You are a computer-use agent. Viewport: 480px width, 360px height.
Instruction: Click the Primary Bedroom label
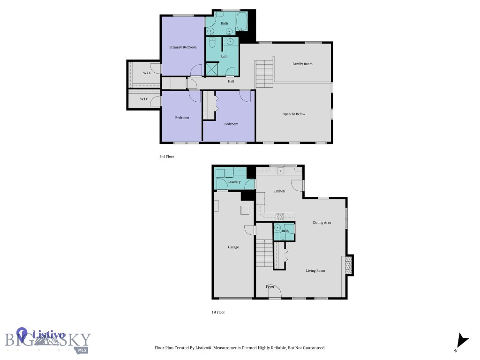pos(183,47)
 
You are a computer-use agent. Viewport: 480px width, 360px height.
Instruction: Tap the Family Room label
pos(302,64)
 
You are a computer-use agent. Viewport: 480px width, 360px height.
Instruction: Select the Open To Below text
pos(293,114)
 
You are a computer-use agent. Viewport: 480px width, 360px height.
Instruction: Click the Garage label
pos(233,247)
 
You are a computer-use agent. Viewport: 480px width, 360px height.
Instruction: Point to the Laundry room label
pos(233,181)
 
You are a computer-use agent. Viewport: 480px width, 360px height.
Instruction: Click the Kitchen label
pos(279,191)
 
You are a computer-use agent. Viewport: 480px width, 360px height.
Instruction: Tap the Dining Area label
pos(322,222)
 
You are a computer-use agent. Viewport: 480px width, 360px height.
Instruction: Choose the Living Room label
pos(315,270)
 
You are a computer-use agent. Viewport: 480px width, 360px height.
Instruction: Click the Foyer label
pos(270,286)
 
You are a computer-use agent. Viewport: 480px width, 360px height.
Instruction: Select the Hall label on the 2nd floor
pos(231,81)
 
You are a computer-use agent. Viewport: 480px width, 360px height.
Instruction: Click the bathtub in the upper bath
pos(242,22)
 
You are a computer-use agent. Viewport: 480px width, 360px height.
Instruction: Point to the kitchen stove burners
pos(279,217)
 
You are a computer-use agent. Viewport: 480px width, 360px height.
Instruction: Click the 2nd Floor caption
pos(166,157)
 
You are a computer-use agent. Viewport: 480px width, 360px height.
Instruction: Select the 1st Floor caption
pos(218,312)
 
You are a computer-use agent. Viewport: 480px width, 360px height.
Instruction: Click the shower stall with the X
pos(212,70)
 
